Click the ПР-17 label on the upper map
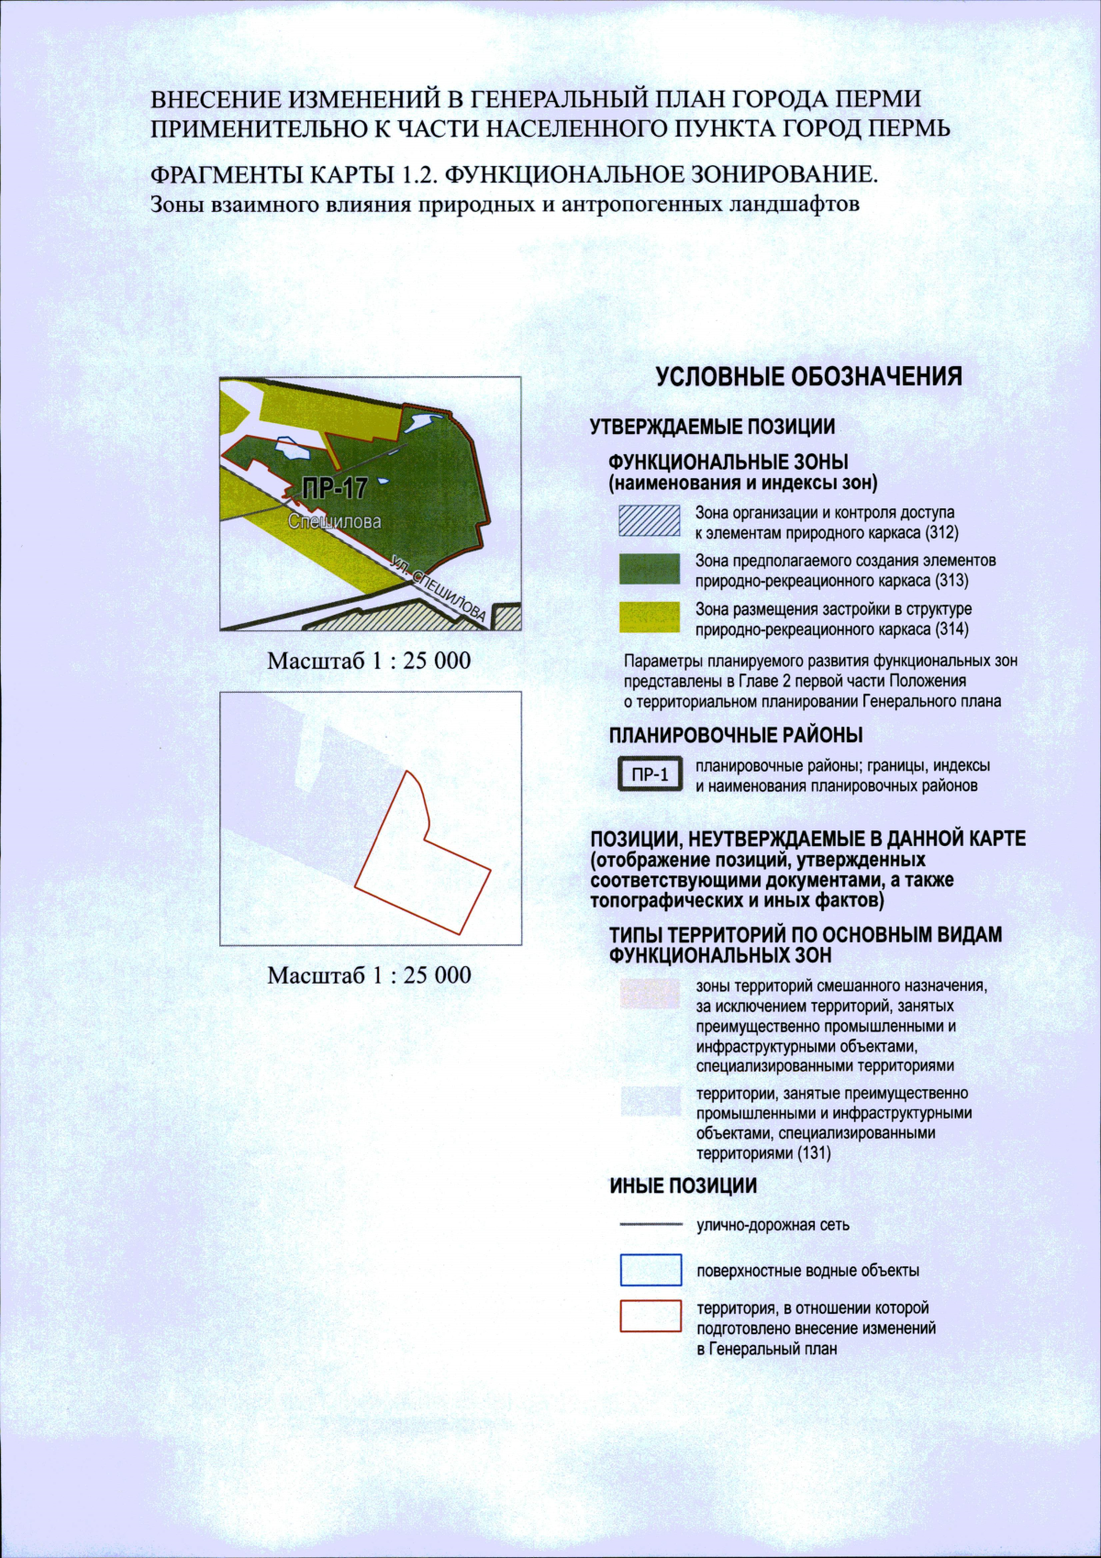point(334,488)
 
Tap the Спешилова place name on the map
point(334,521)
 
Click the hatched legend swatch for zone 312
point(650,521)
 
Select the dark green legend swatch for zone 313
point(650,569)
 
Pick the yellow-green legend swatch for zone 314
point(650,618)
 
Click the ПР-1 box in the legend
point(651,774)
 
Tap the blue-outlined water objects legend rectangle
point(651,1270)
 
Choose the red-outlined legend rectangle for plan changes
point(651,1316)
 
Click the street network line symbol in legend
point(651,1224)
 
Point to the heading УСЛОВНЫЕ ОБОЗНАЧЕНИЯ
point(808,377)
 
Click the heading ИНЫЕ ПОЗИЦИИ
point(683,1185)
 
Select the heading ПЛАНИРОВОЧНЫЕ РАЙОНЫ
point(735,735)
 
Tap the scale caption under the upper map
point(369,661)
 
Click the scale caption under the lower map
point(369,975)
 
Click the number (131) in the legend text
point(814,1153)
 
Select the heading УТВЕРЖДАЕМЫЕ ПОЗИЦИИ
point(712,427)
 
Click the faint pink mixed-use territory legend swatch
point(650,994)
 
